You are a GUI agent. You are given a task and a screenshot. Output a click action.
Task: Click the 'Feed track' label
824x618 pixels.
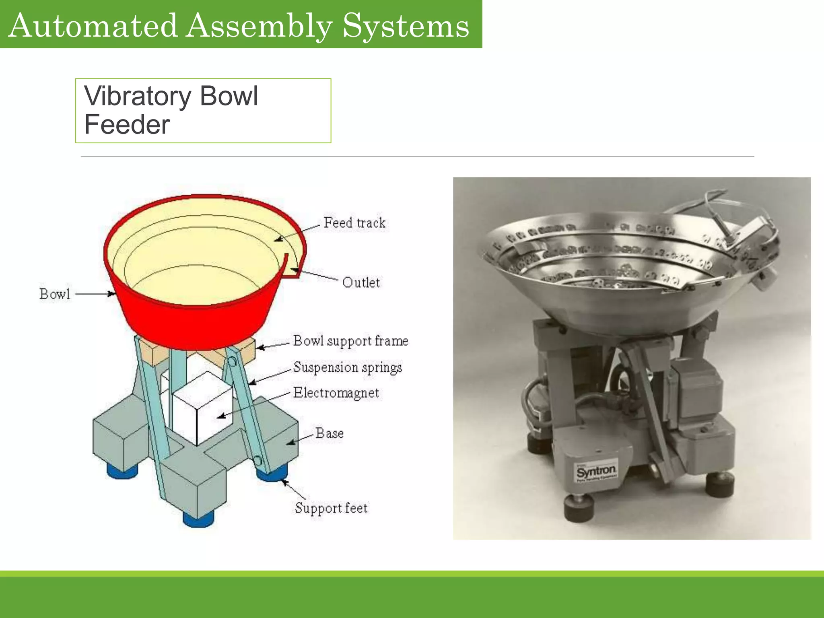point(354,223)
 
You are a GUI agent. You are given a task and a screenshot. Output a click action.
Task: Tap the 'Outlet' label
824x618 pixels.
point(361,282)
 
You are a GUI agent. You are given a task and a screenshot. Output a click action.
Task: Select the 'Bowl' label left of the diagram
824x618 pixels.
point(55,294)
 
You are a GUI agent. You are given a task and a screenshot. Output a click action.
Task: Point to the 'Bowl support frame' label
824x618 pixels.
point(350,341)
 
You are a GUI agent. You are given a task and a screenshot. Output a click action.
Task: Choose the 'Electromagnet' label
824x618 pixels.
point(336,393)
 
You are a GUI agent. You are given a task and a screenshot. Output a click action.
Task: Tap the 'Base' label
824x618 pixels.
point(330,433)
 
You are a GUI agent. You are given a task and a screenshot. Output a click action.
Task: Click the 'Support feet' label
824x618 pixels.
point(331,508)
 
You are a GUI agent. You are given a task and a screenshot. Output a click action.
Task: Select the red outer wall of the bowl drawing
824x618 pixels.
point(193,322)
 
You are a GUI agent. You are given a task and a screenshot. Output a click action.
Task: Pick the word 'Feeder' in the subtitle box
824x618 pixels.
point(127,125)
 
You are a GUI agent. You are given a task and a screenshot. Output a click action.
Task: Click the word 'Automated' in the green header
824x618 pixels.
point(93,26)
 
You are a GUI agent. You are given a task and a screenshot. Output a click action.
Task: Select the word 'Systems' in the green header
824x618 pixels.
point(406,26)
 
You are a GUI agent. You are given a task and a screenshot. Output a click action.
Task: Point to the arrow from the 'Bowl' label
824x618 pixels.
point(95,294)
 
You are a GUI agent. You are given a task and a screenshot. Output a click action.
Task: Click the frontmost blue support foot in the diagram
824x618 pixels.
point(198,519)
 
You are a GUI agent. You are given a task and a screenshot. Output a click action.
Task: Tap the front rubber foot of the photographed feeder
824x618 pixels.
point(579,509)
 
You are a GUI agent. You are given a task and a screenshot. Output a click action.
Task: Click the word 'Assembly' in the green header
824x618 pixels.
point(260,26)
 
